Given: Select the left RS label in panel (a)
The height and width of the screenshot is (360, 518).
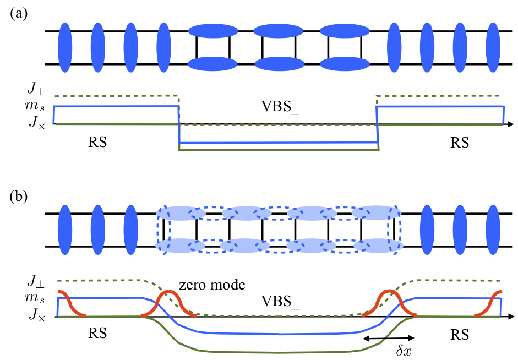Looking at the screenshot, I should pos(97,143).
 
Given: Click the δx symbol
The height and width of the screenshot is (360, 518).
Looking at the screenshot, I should pos(388,350).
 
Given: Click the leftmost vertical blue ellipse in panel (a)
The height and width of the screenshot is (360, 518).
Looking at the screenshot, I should pos(64,47).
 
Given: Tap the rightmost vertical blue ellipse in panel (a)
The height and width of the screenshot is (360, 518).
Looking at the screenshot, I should pos(494,47).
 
